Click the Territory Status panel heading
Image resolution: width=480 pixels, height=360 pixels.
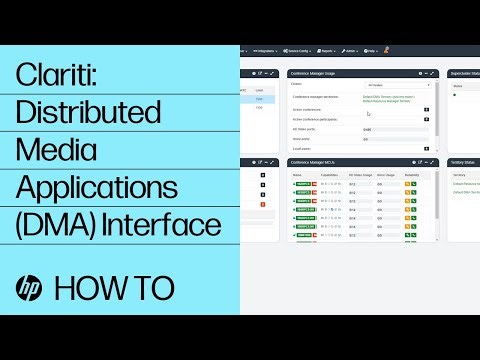coord(463,160)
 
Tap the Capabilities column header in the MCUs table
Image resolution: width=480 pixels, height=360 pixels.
coord(329,174)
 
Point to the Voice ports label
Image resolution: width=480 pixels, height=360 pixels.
coord(301,139)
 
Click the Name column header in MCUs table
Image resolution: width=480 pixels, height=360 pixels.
coord(296,174)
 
